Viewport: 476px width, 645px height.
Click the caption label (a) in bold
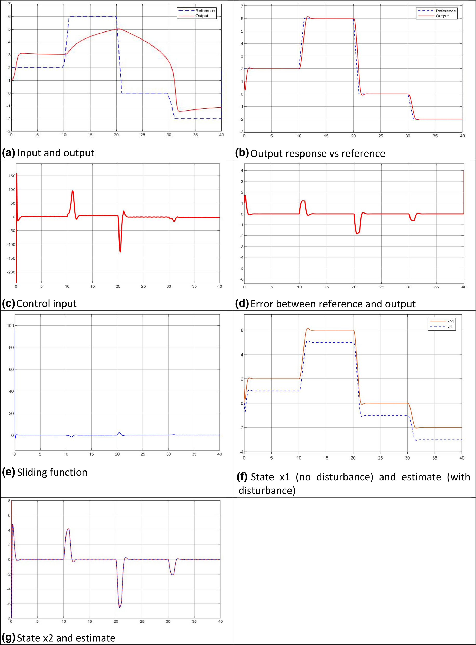pos(8,153)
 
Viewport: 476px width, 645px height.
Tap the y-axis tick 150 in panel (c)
pos(11,176)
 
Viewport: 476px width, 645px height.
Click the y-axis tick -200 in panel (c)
pos(11,272)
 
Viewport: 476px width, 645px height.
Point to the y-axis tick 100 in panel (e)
pos(10,326)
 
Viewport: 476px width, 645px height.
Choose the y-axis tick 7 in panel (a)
pos(9,4)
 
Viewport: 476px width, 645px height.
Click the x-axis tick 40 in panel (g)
pos(220,621)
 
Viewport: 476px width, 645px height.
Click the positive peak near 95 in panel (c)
pos(72,191)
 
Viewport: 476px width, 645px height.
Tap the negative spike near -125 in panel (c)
pos(120,252)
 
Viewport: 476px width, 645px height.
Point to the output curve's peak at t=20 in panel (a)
pos(117,29)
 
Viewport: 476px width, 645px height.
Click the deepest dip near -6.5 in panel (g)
pos(120,607)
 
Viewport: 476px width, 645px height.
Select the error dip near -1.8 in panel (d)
pos(357,233)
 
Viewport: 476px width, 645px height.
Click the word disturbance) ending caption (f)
pos(267,491)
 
